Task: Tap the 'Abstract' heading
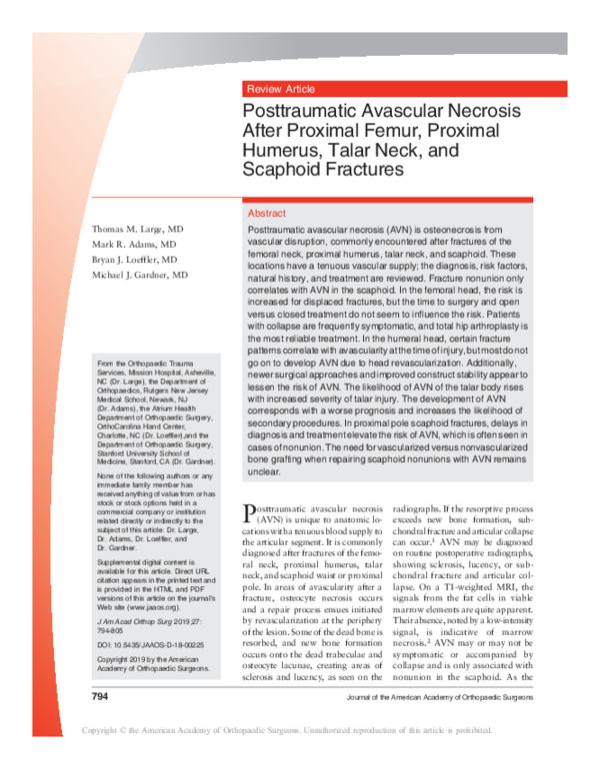point(266,214)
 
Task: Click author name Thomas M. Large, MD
point(136,228)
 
